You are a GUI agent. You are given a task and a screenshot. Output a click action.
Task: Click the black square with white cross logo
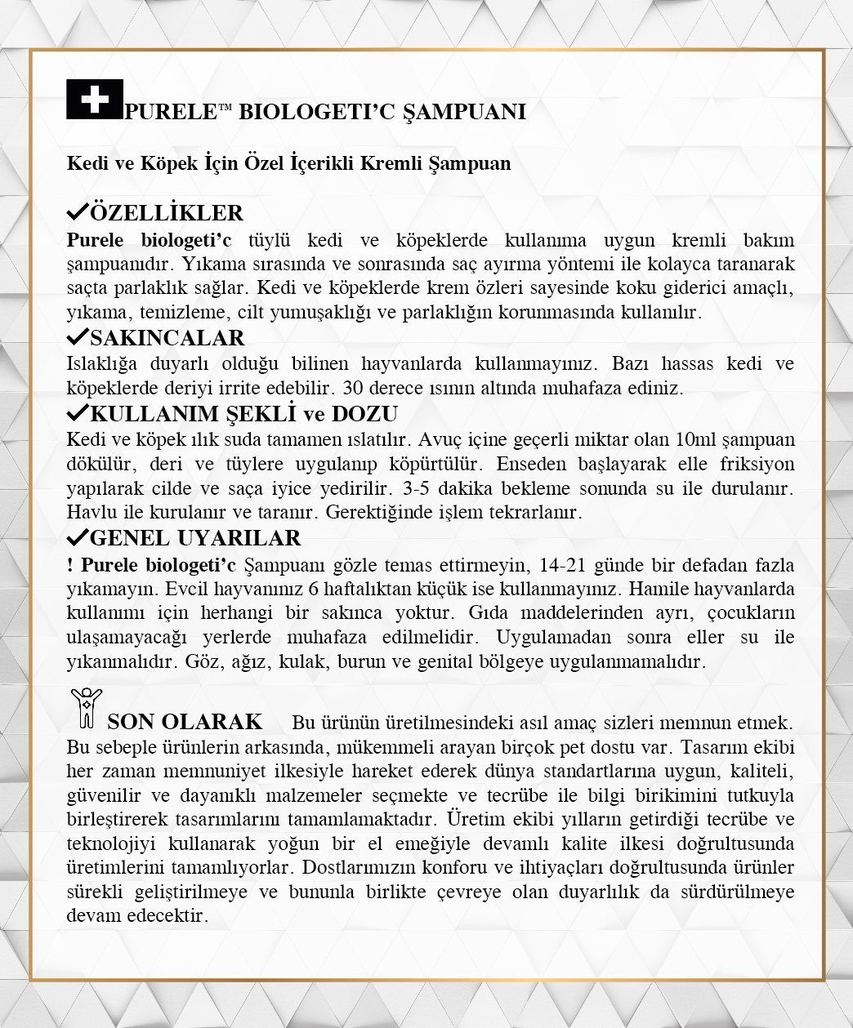(x=95, y=100)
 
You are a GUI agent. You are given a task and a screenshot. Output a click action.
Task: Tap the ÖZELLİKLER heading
(x=167, y=213)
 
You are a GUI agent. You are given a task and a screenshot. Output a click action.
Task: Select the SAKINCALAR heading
(x=167, y=338)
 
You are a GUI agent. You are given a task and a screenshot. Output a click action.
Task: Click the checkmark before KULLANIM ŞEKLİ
(x=78, y=412)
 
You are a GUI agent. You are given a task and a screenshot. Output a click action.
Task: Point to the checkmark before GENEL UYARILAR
(x=78, y=537)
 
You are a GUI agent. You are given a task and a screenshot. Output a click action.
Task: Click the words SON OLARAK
(x=185, y=722)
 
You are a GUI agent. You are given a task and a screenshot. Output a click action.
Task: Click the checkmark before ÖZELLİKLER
(x=78, y=212)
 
